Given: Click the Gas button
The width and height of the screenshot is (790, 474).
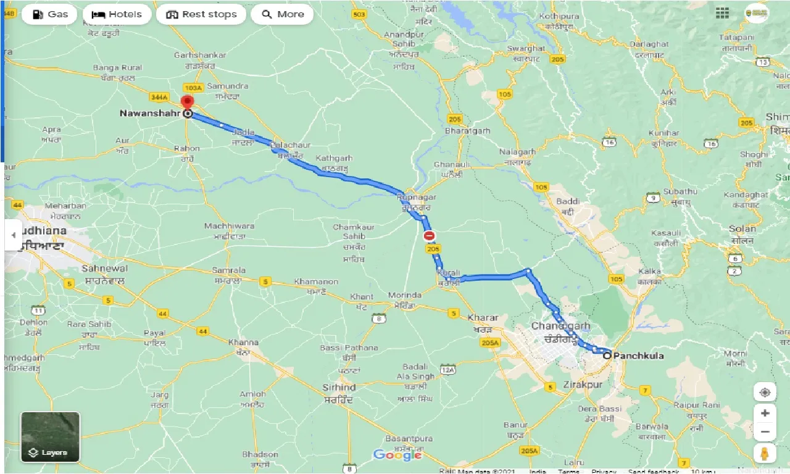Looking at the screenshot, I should point(49,14).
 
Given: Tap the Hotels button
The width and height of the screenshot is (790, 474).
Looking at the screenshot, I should point(117,14).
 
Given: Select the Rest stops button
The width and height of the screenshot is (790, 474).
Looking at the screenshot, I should point(201,14).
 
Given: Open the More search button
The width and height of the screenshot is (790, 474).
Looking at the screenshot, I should point(282,14).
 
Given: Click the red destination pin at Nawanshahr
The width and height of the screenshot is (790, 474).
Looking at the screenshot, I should point(187,102).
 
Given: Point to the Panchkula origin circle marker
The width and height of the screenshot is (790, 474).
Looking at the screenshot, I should point(607,355).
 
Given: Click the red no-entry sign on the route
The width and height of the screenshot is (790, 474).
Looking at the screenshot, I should point(429,236).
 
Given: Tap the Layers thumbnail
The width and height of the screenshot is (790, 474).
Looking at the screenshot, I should point(50,437).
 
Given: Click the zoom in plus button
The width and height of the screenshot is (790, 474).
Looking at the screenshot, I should point(765,413).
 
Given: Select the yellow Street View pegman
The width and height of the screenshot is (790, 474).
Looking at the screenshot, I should point(765,453).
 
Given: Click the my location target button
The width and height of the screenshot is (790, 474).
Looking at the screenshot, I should point(765,393).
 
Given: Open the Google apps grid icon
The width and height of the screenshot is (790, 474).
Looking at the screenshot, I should point(723,13).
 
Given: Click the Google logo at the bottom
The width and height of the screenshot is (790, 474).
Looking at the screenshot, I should point(397,455).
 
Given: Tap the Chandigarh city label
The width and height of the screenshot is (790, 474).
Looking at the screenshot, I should point(560,326).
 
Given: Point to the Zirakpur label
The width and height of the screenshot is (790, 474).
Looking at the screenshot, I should point(582,385).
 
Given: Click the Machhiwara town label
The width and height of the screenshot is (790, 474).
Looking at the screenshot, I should point(229,227).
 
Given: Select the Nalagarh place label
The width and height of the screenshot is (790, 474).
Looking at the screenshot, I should point(518,152).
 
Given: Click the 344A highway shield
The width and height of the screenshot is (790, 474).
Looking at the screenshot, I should point(160,97).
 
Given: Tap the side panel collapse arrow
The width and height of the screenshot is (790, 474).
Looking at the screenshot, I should point(13,235).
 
